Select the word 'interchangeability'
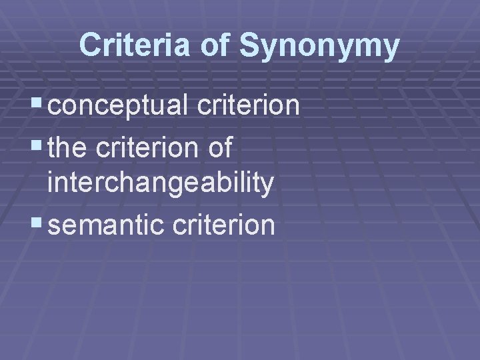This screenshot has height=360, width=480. [x=161, y=185]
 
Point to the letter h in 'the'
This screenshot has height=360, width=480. [x=68, y=148]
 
